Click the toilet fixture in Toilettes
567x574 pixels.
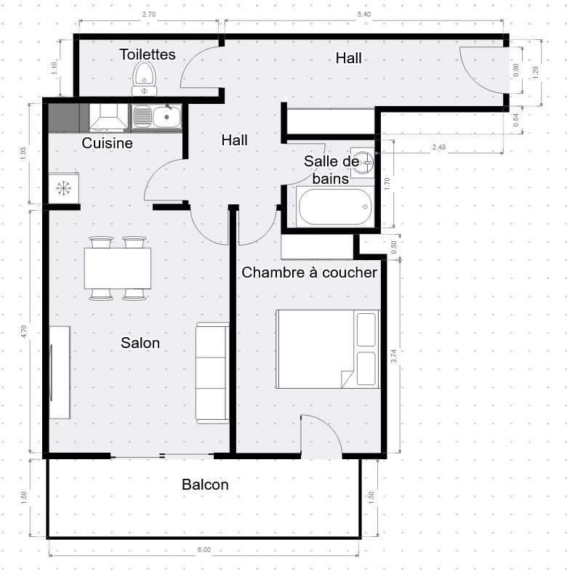coord(145,78)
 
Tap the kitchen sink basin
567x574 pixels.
coord(166,117)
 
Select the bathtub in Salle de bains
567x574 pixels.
coord(335,207)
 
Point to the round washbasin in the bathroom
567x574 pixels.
coord(363,162)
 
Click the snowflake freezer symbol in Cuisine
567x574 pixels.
coord(64,188)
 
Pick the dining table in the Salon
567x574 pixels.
coord(118,269)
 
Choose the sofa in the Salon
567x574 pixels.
coord(212,373)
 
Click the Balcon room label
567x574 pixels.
coord(205,485)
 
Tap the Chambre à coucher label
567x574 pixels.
coord(309,272)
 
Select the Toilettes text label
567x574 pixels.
coord(148,54)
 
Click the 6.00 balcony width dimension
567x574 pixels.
coord(204,550)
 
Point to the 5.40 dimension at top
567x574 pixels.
coord(363,15)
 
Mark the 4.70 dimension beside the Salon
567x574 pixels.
coord(24,331)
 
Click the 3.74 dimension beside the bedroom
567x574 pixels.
coord(394,356)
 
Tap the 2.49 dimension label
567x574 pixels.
coord(439,147)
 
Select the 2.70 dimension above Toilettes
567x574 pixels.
coord(149,15)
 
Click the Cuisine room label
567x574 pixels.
coord(108,143)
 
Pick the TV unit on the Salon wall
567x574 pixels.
coord(59,372)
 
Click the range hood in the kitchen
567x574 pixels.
coord(108,117)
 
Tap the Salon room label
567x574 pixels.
coord(140,343)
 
